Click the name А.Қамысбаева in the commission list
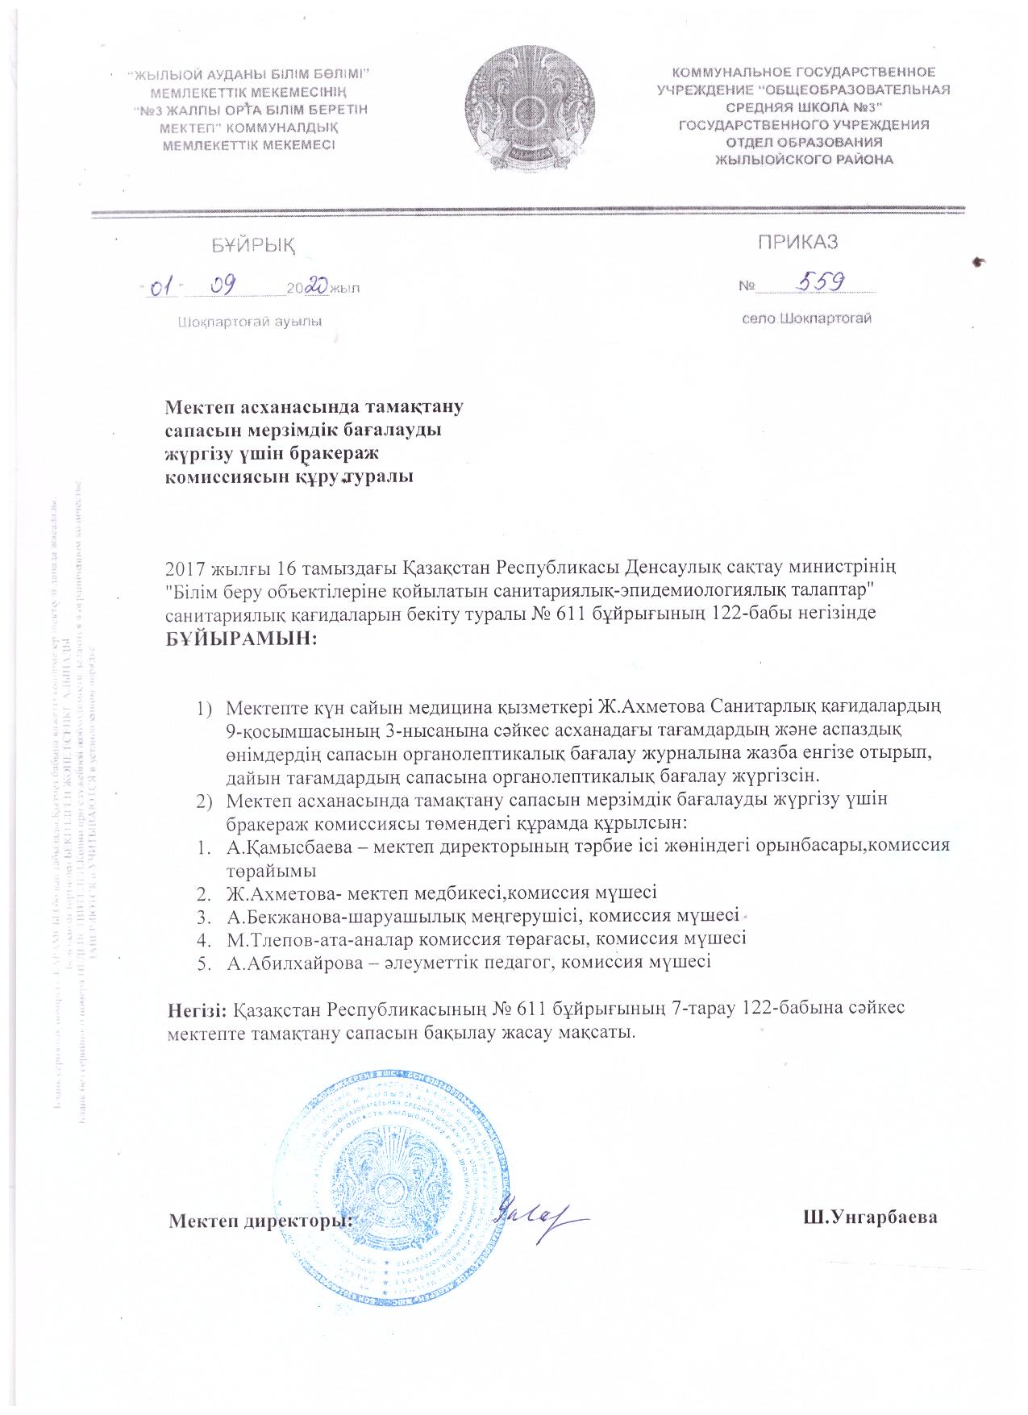(x=281, y=847)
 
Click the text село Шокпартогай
(x=807, y=318)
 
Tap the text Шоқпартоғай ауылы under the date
(x=249, y=323)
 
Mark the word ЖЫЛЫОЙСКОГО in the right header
(x=764, y=160)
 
